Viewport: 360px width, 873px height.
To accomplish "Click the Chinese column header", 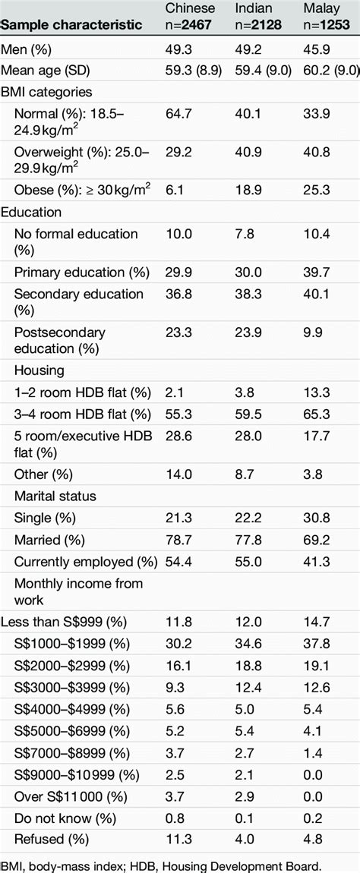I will coord(190,9).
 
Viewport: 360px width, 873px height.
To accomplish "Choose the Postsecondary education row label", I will coord(60,340).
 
